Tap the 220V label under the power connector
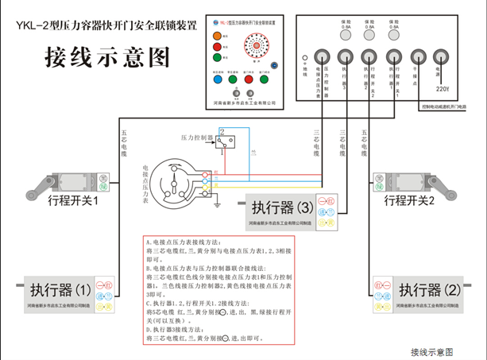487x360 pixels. click(443, 87)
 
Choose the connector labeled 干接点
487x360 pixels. click(418, 56)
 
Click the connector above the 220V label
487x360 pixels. click(443, 56)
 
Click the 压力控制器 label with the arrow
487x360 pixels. click(196, 137)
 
